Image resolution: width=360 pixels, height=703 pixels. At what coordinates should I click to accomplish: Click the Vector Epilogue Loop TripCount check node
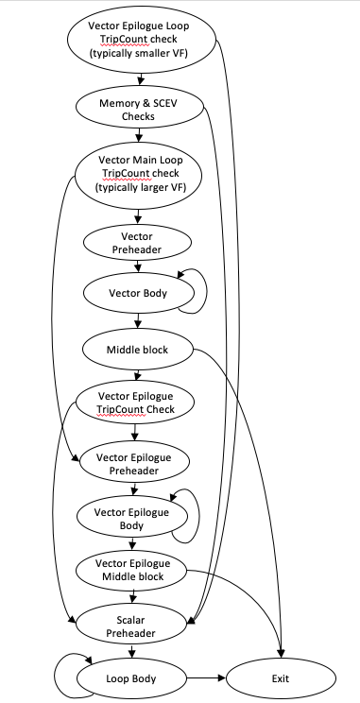click(x=140, y=41)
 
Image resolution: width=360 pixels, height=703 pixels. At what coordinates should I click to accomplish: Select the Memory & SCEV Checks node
click(x=139, y=110)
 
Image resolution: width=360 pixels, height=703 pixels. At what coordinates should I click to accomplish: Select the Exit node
click(x=281, y=677)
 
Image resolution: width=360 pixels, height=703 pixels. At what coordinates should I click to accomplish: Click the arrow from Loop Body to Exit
click(x=207, y=677)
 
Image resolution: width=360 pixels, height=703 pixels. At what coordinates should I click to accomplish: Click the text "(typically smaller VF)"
click(x=139, y=54)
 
